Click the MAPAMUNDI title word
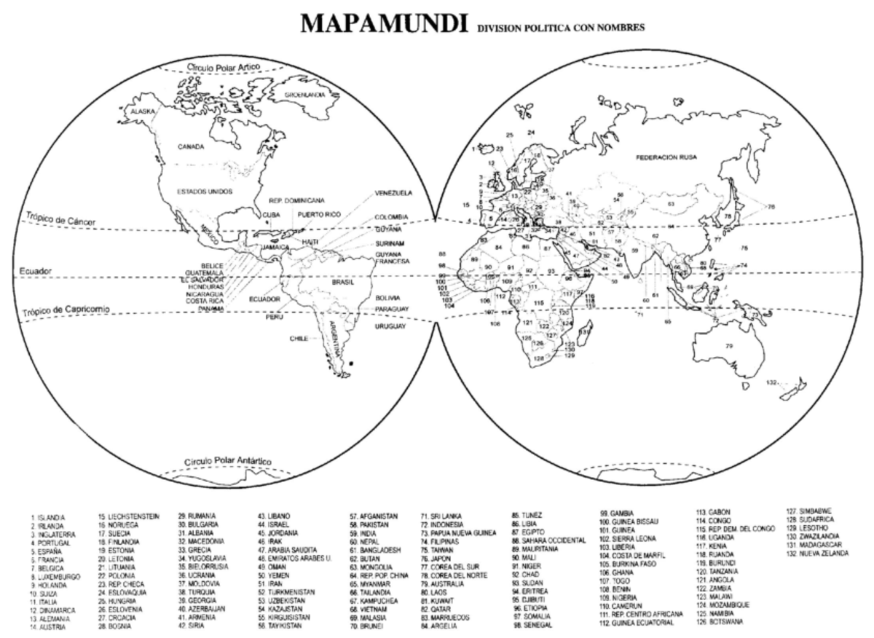(x=384, y=24)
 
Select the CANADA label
(x=191, y=146)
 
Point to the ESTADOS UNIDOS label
(x=205, y=192)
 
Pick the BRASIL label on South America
(x=342, y=282)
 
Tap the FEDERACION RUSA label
(x=666, y=157)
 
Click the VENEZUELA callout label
(x=394, y=193)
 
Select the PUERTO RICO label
(x=318, y=214)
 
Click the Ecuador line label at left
(x=36, y=271)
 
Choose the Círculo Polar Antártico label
(x=227, y=462)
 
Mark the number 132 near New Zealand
(x=772, y=382)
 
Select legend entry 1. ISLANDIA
(x=48, y=516)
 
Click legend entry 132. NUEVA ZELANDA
(x=817, y=553)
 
